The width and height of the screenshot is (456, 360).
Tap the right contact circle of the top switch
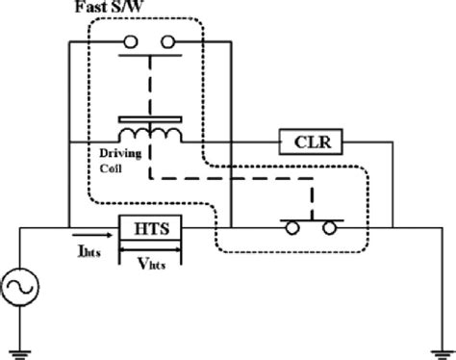(170, 41)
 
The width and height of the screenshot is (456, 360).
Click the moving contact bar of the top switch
(150, 55)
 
